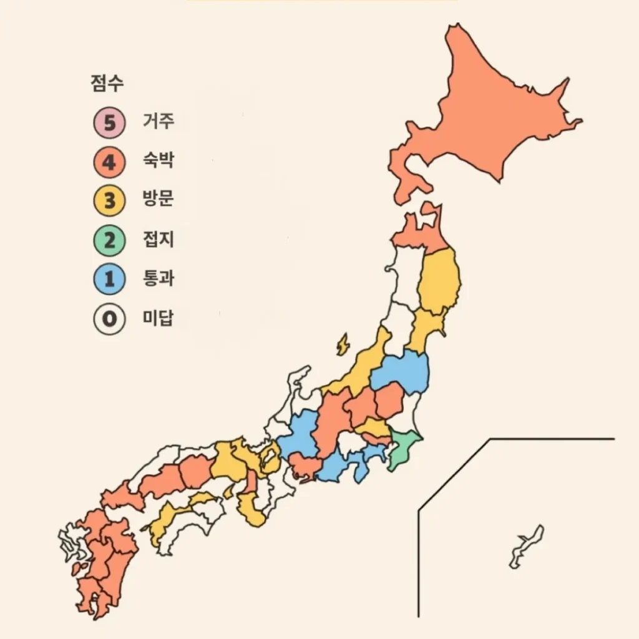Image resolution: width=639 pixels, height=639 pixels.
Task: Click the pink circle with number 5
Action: click(110, 122)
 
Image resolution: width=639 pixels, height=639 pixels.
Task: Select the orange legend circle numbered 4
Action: click(110, 162)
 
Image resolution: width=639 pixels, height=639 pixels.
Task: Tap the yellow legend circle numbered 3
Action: click(110, 201)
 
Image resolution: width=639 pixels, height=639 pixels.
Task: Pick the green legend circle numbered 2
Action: click(110, 240)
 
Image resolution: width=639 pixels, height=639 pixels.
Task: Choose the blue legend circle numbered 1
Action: click(110, 279)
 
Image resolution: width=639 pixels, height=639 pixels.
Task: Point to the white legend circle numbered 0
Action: click(110, 319)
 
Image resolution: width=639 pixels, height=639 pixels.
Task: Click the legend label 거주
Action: click(159, 120)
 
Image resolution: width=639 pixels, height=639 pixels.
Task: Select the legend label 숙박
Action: click(159, 160)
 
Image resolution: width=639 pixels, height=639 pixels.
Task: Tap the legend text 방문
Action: click(159, 200)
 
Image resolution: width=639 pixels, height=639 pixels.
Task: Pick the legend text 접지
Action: click(159, 239)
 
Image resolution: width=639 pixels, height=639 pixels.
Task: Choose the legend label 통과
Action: click(159, 278)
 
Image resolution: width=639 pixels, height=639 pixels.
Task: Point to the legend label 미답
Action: click(159, 318)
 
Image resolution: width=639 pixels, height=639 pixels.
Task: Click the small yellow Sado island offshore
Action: click(343, 344)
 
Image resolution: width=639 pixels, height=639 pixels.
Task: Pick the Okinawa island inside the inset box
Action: click(526, 547)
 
